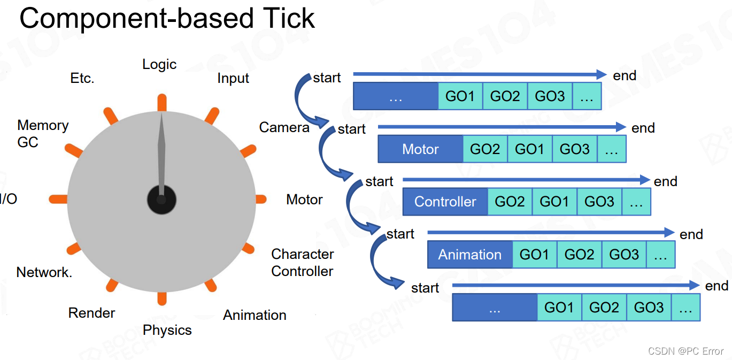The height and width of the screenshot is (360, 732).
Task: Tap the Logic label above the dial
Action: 159,64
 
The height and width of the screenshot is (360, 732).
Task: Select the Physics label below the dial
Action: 167,330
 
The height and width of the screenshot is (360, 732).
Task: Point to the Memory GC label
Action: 43,134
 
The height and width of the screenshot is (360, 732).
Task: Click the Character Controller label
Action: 302,263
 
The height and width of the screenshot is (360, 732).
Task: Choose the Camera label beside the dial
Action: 284,127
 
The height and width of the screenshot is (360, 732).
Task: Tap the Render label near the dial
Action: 91,313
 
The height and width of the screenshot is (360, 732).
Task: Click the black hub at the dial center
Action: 161,200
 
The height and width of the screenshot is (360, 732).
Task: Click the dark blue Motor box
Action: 421,149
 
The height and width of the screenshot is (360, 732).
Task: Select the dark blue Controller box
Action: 445,202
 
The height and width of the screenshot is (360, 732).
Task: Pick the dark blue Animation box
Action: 470,255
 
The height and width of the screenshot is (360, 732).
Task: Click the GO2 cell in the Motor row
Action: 485,149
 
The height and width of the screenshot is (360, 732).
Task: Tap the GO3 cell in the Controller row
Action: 599,202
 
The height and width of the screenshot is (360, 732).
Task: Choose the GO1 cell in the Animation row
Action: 535,255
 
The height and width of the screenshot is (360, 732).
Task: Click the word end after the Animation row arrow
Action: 691,234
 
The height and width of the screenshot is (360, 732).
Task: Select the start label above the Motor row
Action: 352,129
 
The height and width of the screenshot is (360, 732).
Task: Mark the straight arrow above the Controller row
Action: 527,180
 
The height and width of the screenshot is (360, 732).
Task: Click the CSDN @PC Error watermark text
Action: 685,351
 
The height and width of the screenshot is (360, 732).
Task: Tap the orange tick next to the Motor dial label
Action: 261,199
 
